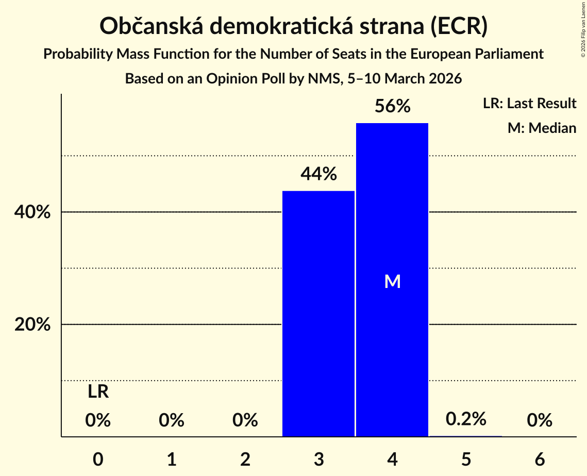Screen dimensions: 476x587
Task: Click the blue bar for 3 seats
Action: (x=318, y=314)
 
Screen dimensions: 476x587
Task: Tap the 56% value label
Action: (x=392, y=107)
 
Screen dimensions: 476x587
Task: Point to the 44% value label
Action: (x=318, y=175)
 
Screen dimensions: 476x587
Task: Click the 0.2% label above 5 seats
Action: (x=466, y=419)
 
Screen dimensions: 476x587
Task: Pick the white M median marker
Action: (x=392, y=281)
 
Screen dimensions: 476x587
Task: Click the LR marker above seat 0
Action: (x=98, y=392)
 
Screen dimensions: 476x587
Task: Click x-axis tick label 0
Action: (x=98, y=459)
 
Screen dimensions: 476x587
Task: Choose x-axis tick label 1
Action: (x=172, y=459)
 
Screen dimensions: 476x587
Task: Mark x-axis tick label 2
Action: (x=245, y=459)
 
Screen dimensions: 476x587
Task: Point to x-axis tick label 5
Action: (x=466, y=459)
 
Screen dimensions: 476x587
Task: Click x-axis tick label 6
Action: (x=540, y=459)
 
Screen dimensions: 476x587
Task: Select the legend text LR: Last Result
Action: (x=529, y=104)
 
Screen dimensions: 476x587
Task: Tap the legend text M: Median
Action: (x=542, y=128)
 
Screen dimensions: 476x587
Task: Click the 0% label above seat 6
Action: (x=540, y=421)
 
